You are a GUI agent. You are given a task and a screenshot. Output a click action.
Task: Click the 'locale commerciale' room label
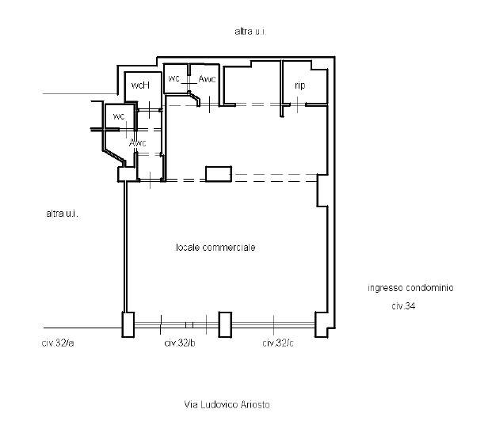[215, 248]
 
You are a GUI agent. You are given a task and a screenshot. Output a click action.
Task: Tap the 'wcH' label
[141, 85]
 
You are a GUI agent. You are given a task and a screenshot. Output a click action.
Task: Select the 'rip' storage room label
[300, 85]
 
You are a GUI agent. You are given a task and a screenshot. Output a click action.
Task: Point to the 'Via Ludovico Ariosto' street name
[227, 404]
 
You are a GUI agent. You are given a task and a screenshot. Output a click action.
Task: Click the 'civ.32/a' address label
[58, 343]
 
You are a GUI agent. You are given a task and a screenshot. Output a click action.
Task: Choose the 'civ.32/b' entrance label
[180, 343]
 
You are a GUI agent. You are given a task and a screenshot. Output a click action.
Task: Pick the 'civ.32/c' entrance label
[278, 343]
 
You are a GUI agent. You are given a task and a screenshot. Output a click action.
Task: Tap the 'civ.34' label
[403, 306]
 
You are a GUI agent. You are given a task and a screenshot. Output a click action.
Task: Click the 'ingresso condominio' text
[410, 288]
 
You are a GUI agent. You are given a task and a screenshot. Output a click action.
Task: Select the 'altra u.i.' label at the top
[250, 32]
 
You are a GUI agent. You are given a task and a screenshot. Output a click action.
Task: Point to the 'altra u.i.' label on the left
[63, 214]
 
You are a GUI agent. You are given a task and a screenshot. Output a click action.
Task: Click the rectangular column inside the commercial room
[219, 174]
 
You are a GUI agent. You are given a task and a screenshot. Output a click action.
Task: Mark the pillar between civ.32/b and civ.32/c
[225, 324]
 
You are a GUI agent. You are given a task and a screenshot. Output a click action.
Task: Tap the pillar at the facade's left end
[128, 324]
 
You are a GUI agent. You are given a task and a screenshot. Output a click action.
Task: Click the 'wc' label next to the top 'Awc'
[174, 78]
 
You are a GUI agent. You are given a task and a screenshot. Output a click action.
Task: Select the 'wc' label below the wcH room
[119, 116]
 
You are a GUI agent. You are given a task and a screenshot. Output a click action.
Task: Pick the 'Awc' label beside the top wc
[207, 79]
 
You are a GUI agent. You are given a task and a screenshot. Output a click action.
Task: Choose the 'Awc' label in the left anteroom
[138, 143]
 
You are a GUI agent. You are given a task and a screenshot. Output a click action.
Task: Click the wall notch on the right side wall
[322, 190]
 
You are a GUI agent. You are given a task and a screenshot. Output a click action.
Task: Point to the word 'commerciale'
[229, 248]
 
